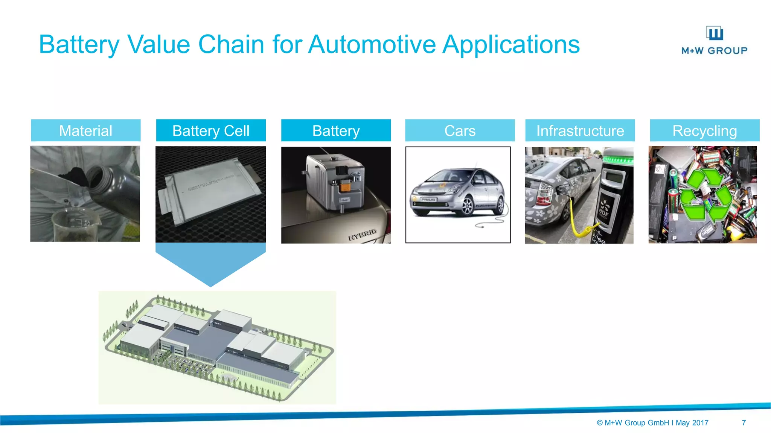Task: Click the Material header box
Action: [85, 130]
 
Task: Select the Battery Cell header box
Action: [211, 130]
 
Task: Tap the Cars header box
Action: [460, 130]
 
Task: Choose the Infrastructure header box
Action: [580, 130]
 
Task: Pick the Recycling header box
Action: [704, 130]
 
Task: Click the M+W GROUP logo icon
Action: [714, 33]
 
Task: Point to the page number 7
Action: [744, 422]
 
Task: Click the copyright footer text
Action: [652, 422]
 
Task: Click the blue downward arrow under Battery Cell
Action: [210, 263]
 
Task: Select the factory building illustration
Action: [217, 347]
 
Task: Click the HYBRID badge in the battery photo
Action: [362, 235]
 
